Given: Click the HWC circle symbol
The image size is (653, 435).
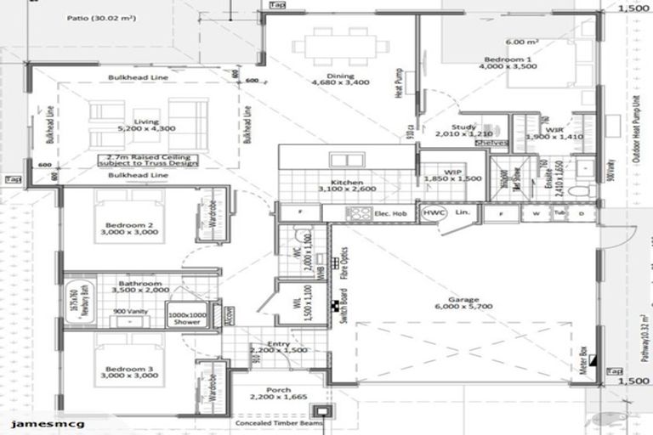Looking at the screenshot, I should pyautogui.click(x=433, y=212).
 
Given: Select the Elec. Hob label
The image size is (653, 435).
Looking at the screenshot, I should pyautogui.click(x=390, y=213).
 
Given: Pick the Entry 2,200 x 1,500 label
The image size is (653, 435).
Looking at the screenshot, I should pyautogui.click(x=278, y=347).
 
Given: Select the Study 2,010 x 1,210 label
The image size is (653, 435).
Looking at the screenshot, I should pyautogui.click(x=463, y=131).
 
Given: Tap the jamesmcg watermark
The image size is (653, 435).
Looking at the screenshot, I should pyautogui.click(x=36, y=422).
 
